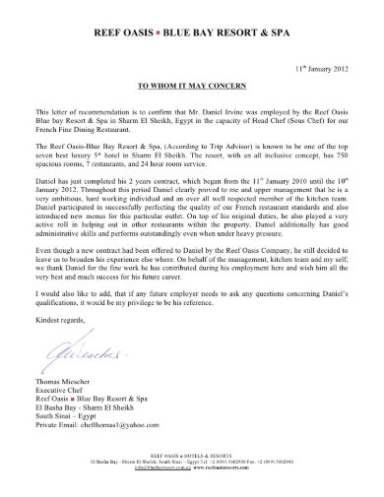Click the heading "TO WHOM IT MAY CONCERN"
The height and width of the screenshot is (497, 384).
point(191,87)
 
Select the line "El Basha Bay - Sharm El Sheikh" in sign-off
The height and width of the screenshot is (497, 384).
point(87,428)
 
